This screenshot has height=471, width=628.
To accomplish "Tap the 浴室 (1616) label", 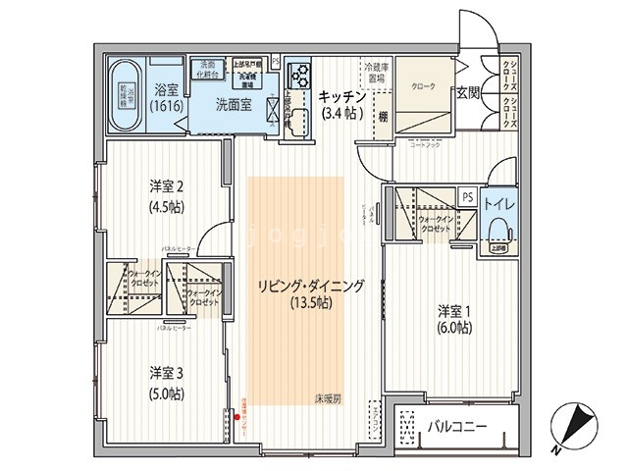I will tap(165, 97).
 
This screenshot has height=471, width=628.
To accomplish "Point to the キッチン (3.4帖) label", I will tap(341, 105).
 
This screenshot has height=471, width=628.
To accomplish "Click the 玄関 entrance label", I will tap(468, 94).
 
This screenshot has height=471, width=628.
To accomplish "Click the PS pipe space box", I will tap(467, 195).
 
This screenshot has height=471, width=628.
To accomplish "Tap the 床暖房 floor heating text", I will tap(329, 398).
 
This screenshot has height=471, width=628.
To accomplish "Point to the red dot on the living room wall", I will tap(235, 413).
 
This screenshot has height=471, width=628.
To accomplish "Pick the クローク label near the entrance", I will tap(424, 85).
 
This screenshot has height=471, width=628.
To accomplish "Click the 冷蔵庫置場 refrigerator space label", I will tap(377, 74).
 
